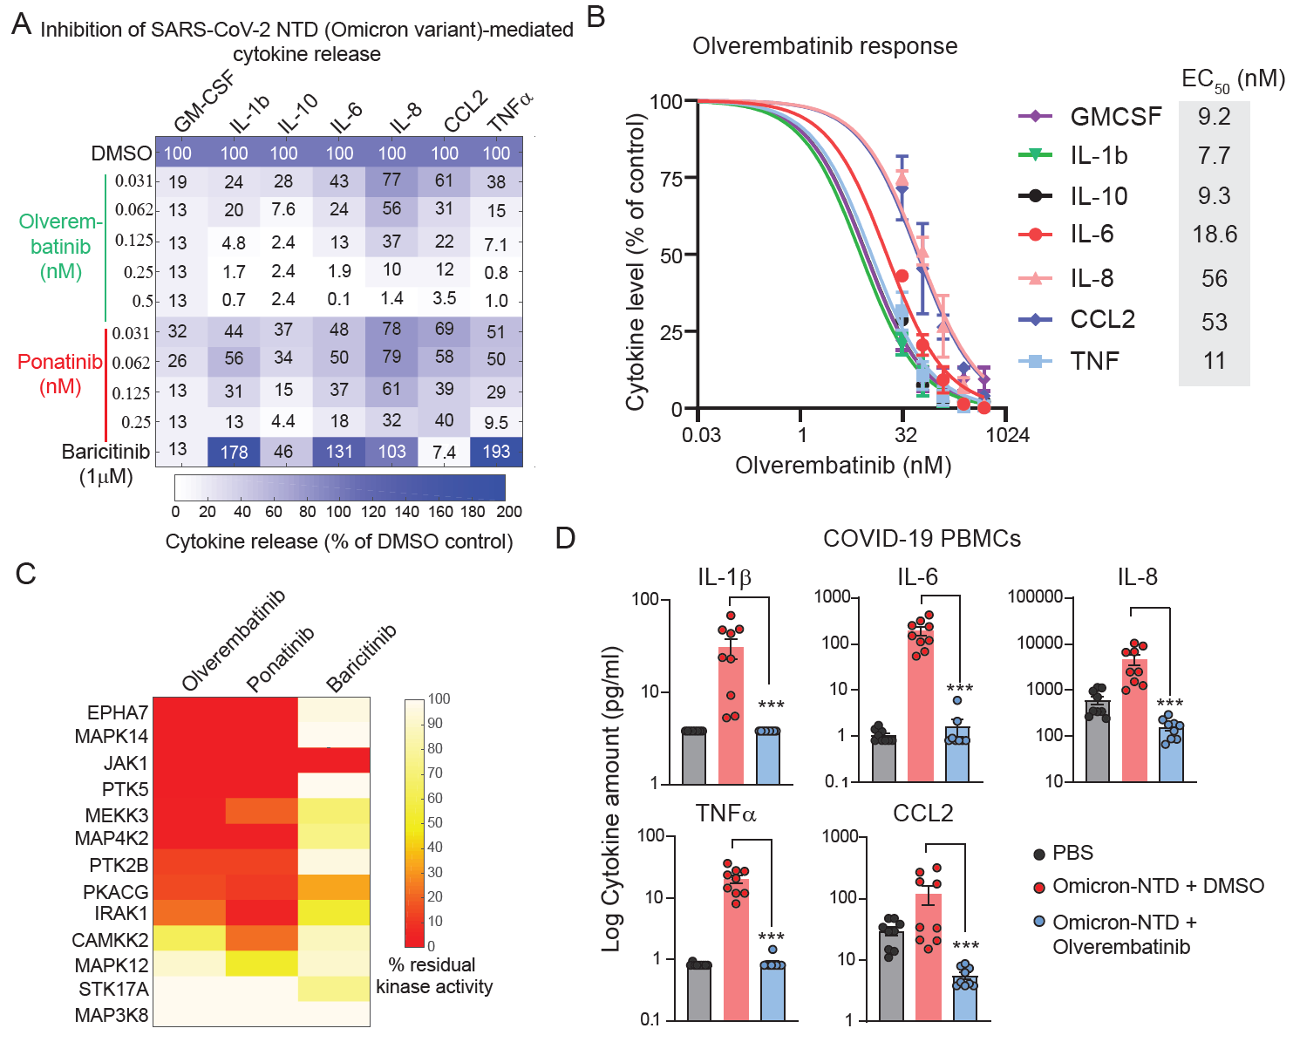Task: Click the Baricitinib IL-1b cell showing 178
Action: (234, 453)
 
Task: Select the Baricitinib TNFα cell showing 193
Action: (496, 453)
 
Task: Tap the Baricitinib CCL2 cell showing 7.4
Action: (444, 453)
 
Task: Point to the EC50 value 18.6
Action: (1215, 235)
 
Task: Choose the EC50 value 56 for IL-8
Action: (1215, 279)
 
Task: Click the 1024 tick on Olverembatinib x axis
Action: (1008, 435)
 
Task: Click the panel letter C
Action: (25, 574)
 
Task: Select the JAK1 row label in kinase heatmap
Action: (126, 764)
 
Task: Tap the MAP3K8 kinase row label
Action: (112, 1016)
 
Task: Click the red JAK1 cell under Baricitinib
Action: (334, 760)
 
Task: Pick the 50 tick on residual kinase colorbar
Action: (435, 822)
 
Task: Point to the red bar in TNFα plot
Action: (736, 950)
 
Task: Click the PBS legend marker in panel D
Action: (1038, 854)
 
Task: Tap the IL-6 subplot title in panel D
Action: (917, 577)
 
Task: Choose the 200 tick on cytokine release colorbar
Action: (509, 512)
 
